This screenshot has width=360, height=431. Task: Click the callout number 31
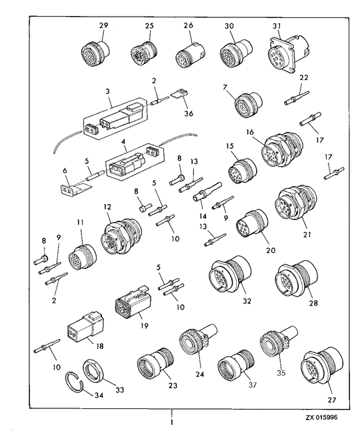pos(277,26)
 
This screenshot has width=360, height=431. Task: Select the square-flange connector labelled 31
pos(285,54)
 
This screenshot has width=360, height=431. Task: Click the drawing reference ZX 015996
pos(321,417)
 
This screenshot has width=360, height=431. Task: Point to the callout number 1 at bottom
pos(172,422)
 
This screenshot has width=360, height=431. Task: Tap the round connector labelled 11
pos(82,256)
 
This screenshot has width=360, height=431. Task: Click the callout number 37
pos(253,385)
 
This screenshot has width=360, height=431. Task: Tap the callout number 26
pos(189,25)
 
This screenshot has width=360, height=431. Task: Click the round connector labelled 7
pos(248,105)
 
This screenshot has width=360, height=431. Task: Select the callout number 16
pos(249,133)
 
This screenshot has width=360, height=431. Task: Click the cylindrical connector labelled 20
pos(251,224)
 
